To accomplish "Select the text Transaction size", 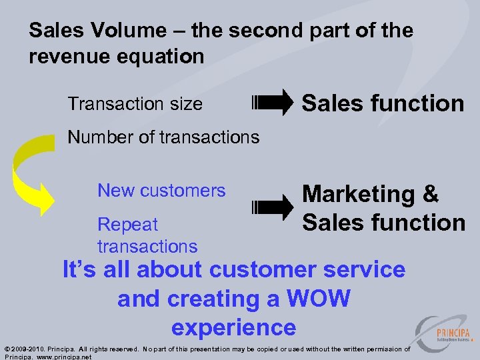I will [135, 104].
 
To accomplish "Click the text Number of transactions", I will [163, 137].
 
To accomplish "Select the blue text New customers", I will [161, 191].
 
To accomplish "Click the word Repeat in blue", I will [127, 225].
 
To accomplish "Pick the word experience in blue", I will [233, 327].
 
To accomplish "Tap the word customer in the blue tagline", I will [267, 269].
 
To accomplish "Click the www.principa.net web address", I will [63, 357].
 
